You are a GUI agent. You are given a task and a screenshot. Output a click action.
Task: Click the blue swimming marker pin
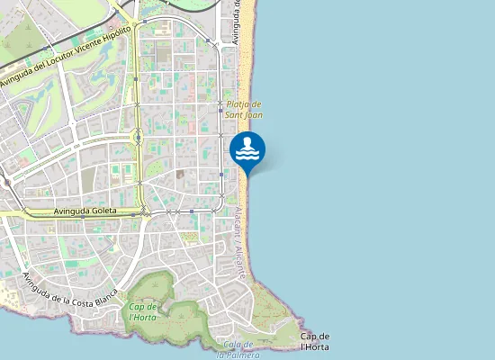[247, 149]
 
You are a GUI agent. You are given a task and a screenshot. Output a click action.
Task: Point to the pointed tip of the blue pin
[247, 175]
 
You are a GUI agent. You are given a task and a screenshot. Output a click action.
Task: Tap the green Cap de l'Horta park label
[143, 311]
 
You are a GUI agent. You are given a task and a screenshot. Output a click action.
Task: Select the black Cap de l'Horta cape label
[314, 341]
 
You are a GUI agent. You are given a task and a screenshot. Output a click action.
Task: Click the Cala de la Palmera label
[240, 349]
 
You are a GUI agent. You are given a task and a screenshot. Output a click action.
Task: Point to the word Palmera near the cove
[243, 354]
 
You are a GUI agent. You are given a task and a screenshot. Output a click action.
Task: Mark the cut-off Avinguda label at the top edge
[237, 20]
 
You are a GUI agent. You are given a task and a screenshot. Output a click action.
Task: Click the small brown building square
[180, 174]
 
